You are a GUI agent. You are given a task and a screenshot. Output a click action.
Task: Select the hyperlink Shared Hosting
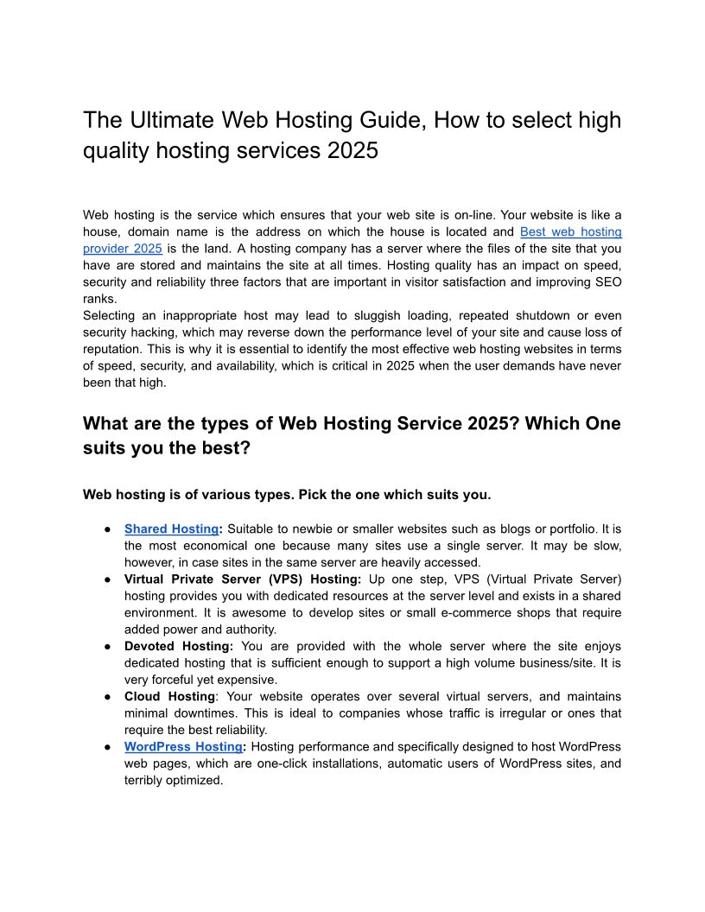tap(171, 529)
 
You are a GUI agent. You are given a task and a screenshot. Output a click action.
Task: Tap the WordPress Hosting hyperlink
tap(183, 746)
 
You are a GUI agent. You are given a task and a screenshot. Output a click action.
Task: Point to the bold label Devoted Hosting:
tap(179, 646)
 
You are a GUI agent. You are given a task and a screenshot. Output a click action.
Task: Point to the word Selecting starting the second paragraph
tap(111, 315)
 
